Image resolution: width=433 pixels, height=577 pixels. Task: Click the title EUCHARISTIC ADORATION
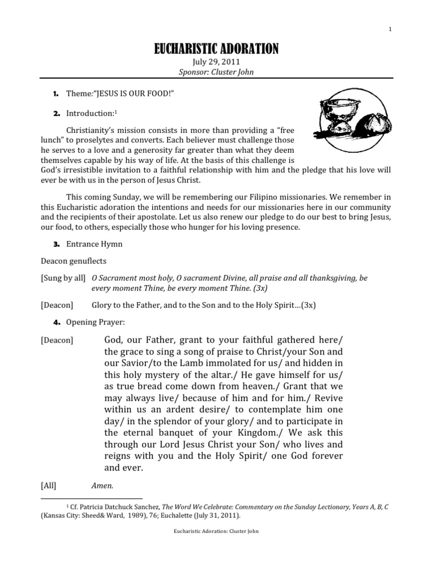pyautogui.click(x=216, y=50)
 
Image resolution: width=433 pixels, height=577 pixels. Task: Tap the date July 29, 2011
pyautogui.click(x=216, y=63)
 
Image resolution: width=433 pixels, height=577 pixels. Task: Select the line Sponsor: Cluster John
pyautogui.click(x=216, y=73)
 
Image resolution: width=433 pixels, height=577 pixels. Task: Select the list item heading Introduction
pyautogui.click(x=91, y=113)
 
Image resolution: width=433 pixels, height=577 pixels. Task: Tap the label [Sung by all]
pyautogui.click(x=63, y=278)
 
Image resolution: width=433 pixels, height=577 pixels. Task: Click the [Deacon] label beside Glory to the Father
pyautogui.click(x=57, y=305)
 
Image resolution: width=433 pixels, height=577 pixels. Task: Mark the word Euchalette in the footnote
pyautogui.click(x=180, y=516)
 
